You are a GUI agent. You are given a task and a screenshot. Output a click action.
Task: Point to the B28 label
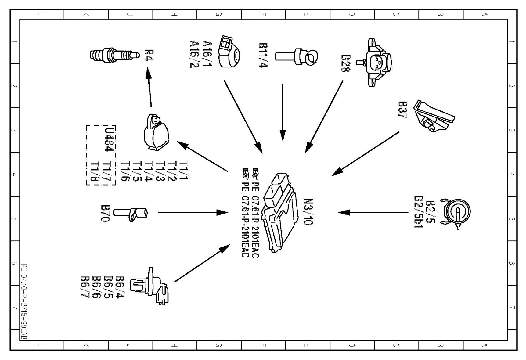346,63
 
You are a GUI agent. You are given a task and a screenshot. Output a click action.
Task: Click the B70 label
105,213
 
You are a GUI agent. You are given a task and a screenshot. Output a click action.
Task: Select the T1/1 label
184,171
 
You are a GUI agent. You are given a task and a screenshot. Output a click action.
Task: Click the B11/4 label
263,55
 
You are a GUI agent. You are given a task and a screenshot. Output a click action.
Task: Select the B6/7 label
85,287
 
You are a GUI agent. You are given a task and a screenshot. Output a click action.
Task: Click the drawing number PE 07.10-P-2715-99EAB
24,302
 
